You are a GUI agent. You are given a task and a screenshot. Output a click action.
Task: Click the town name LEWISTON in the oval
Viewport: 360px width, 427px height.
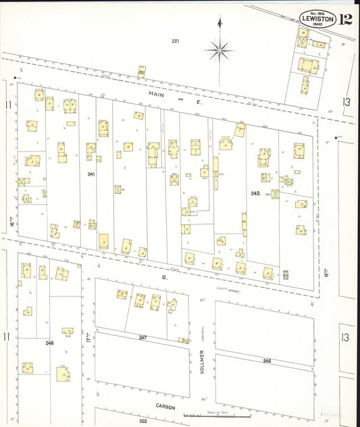click(317, 20)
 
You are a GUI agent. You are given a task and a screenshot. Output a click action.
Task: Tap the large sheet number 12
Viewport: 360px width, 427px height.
click(346, 19)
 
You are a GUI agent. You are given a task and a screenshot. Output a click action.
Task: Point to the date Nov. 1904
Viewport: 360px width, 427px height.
click(317, 12)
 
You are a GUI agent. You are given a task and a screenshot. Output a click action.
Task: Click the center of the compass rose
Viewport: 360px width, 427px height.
click(220, 49)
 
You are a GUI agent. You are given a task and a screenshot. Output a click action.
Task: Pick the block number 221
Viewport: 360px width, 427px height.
click(175, 41)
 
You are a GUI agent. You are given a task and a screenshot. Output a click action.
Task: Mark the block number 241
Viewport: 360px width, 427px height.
click(91, 174)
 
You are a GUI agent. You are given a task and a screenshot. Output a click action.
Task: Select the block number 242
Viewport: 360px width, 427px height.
click(255, 193)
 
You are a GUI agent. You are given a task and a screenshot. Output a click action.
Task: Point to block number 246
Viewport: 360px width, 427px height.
click(267, 361)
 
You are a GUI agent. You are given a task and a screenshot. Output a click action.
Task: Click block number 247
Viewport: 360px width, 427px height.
click(143, 336)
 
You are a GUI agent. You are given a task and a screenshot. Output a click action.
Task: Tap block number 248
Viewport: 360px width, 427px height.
click(49, 343)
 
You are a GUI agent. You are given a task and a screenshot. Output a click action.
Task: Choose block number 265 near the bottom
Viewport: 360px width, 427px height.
click(143, 421)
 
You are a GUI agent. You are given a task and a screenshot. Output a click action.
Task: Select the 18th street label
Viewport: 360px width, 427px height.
click(326, 272)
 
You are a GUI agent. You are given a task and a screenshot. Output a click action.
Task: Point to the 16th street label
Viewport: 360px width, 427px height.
click(12, 221)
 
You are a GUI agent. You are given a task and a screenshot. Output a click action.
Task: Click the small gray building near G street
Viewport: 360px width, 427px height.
click(285, 274)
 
